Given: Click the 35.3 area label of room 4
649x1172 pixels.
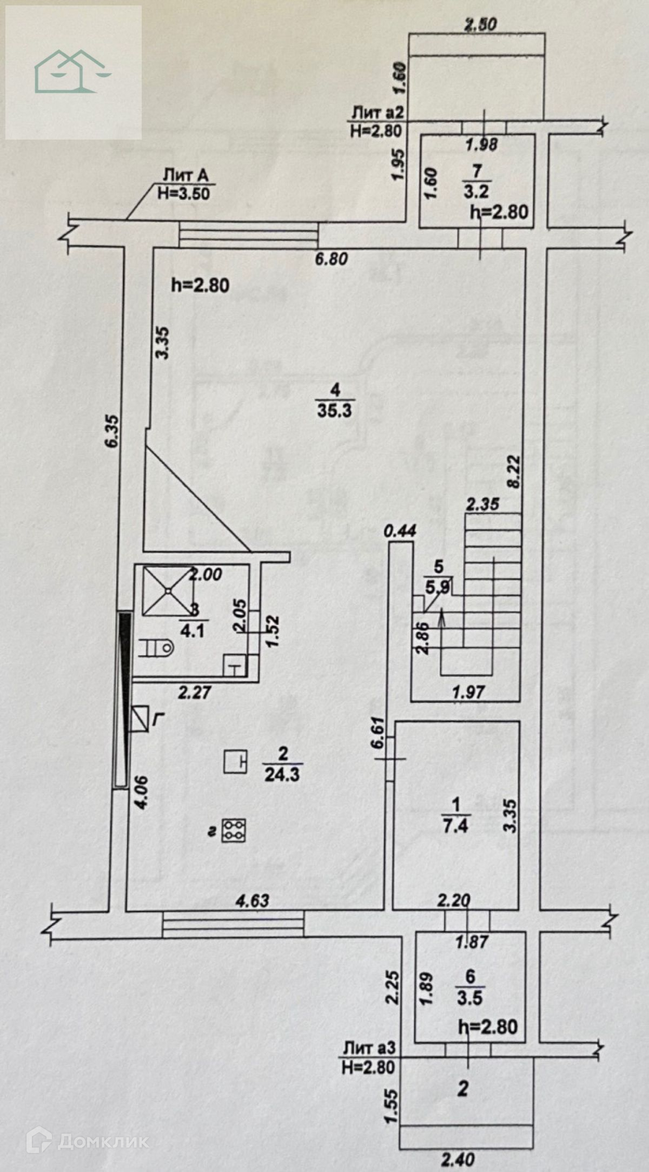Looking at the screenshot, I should [335, 410].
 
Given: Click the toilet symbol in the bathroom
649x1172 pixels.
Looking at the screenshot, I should [156, 647].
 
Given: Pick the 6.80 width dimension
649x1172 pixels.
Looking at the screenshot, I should [331, 259].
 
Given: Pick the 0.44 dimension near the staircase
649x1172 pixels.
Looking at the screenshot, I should [400, 531].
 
